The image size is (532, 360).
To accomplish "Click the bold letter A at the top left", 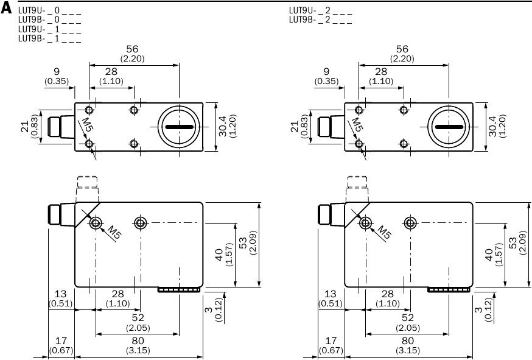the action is point(6,9).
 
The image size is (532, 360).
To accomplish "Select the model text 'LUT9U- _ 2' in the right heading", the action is point(309,10).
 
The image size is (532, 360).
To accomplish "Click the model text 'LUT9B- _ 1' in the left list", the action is point(39,39).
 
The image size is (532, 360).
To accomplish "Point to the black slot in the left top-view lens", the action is point(180,127).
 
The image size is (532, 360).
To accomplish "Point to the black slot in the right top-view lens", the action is point(450,127).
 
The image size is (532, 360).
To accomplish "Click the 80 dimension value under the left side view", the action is point(138,341).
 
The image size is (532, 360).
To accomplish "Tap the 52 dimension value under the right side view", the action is point(408,317).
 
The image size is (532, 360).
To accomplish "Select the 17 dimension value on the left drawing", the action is point(61,341).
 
